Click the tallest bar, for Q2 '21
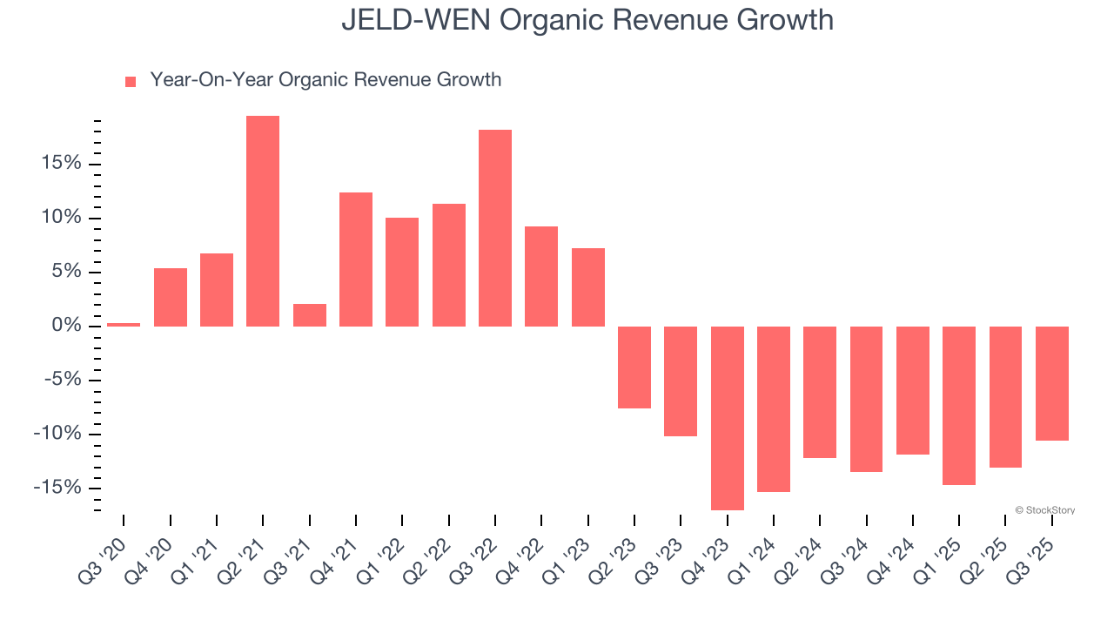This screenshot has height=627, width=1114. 263,221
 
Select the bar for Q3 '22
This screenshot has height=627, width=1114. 495,228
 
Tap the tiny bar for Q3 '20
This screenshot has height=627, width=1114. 124,325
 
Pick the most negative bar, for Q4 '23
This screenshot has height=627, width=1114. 728,418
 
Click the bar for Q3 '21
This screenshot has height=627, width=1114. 310,315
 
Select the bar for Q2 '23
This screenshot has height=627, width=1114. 634,367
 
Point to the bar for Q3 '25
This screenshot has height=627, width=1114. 1052,383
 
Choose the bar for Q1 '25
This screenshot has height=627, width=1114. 959,405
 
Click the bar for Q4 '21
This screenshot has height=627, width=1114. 356,260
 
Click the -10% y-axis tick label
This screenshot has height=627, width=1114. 57,434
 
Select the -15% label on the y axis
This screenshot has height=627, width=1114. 57,488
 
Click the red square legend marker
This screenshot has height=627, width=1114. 131,82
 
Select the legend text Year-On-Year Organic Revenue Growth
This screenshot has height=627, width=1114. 325,80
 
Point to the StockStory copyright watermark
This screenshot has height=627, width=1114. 1044,510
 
